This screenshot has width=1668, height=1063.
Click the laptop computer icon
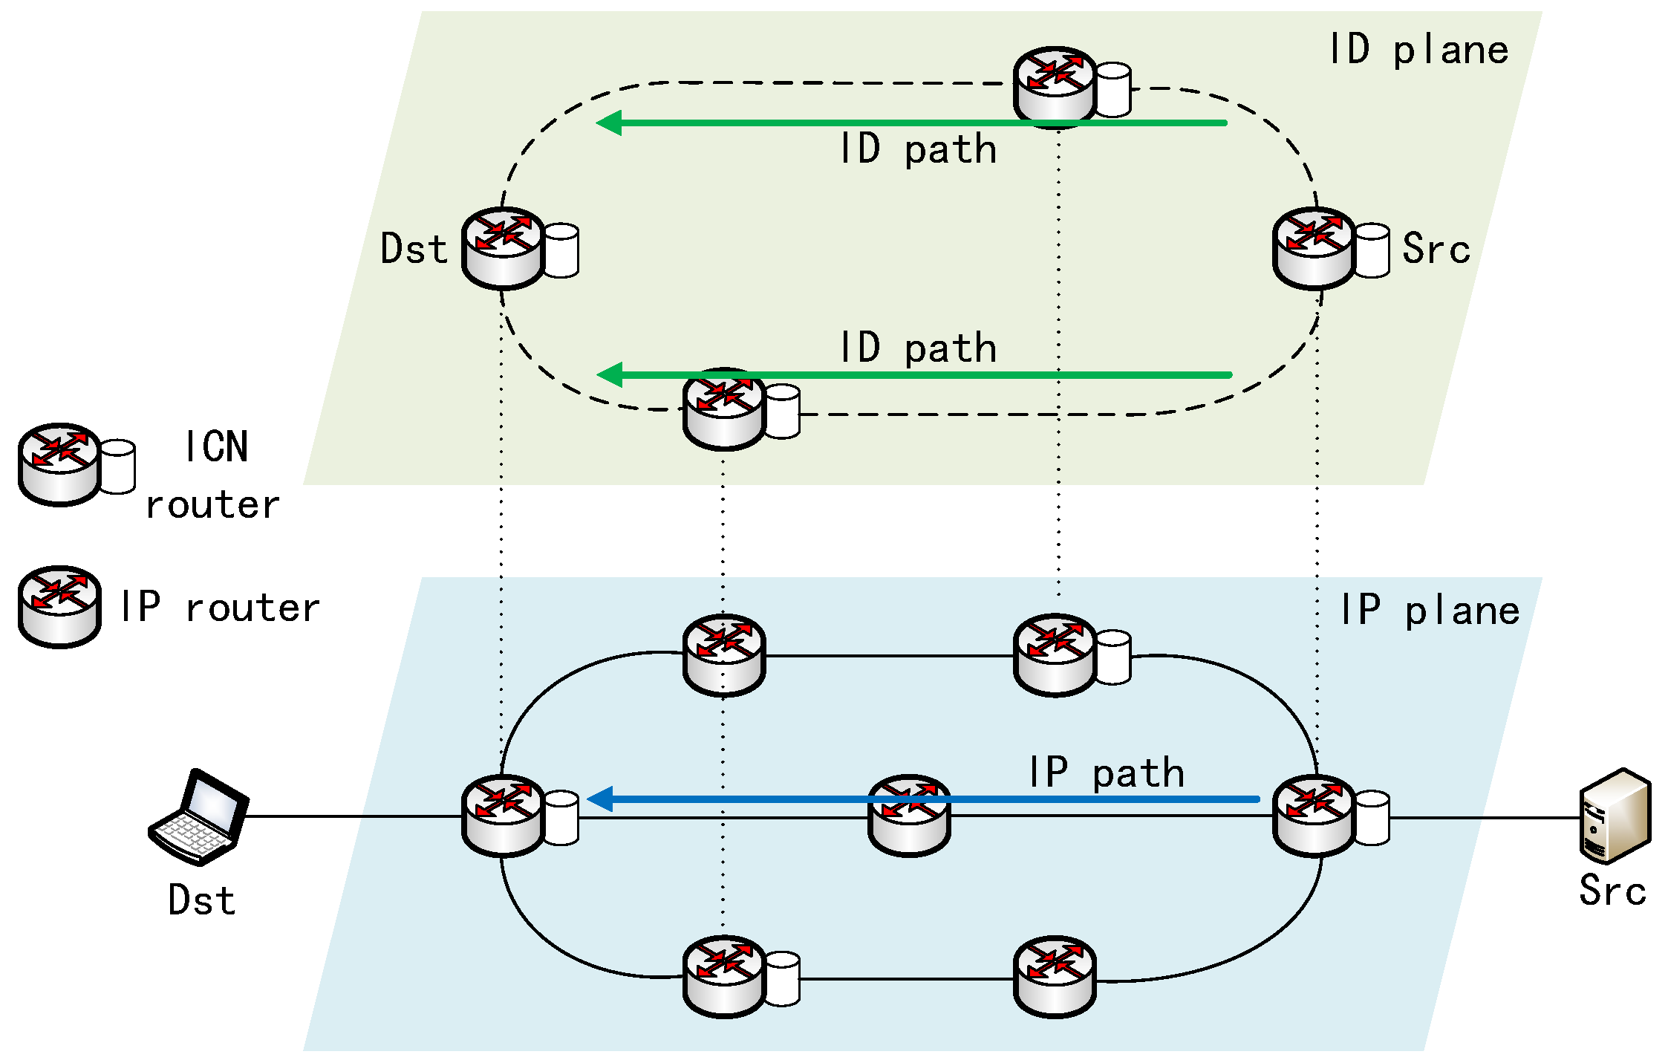click(x=198, y=816)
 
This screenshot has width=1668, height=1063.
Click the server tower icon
click(x=1615, y=816)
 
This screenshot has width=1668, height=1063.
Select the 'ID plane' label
click(x=1418, y=51)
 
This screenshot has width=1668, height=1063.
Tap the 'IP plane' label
click(x=1430, y=611)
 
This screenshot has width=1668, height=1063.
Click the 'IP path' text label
click(x=1107, y=773)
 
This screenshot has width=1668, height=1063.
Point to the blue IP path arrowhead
click(x=599, y=799)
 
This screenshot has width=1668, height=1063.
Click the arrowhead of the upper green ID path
click(x=609, y=123)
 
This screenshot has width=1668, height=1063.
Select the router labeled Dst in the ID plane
click(x=520, y=248)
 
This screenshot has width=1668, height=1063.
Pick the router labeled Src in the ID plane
click(x=1331, y=248)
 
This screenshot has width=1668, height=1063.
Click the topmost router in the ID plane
click(x=1072, y=88)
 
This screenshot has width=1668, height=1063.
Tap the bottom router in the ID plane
click(x=741, y=409)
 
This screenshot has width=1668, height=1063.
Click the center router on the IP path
click(x=909, y=816)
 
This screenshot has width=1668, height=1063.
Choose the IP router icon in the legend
click(x=59, y=607)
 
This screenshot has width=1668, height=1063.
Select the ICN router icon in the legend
click(x=76, y=465)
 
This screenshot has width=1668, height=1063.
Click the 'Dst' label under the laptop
click(x=202, y=900)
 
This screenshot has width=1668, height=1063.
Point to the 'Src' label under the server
click(x=1612, y=891)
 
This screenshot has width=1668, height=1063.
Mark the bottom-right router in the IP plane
click(x=1055, y=977)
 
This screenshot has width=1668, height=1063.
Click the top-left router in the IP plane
click(x=724, y=655)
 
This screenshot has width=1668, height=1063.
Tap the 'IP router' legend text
click(x=221, y=608)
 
